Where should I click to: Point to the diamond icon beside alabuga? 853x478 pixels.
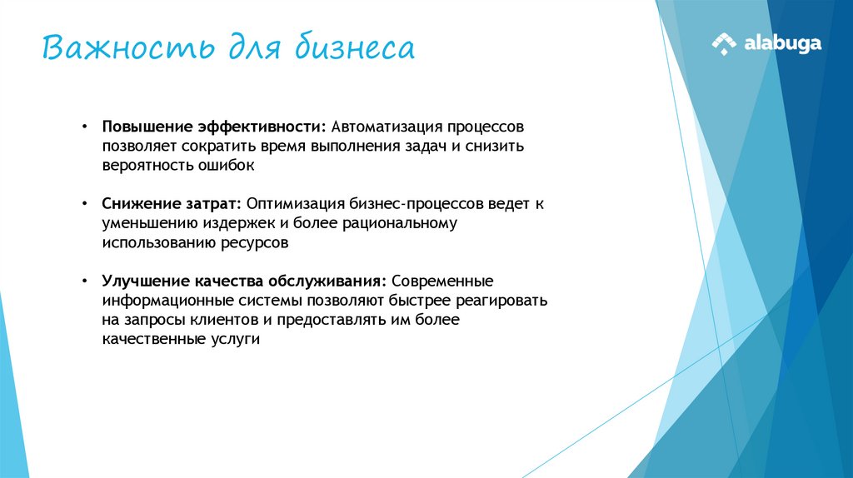(724, 43)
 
